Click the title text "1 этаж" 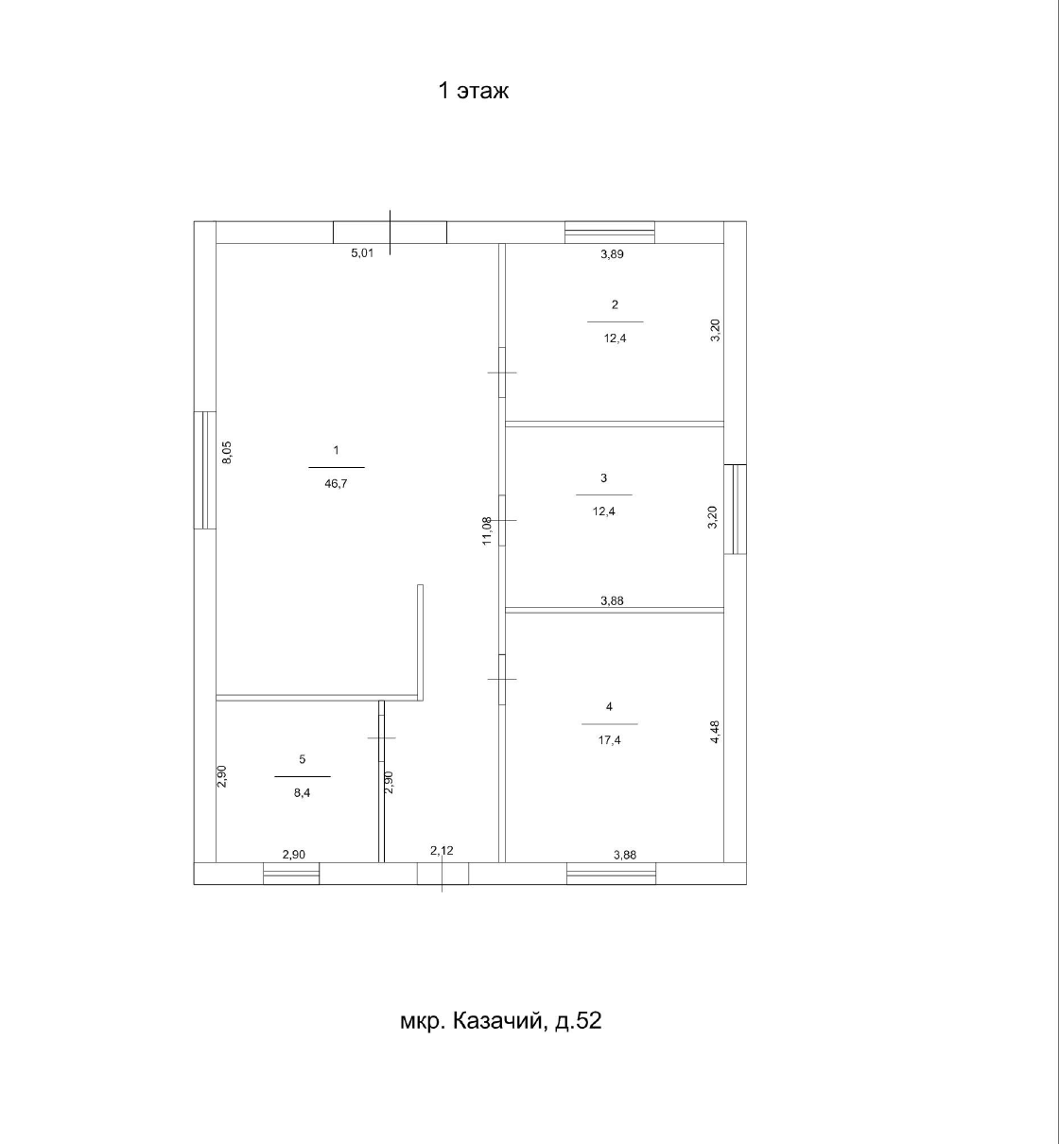coord(474,91)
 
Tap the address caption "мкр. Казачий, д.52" coord(501,1021)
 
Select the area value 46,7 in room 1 coord(336,484)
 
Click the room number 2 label coord(615,304)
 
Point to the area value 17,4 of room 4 coord(609,740)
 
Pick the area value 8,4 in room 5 coord(302,792)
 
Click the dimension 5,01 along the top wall coord(362,252)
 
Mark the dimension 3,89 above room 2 coord(612,254)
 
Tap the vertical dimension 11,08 coord(487,530)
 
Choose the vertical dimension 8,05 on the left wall coord(226,452)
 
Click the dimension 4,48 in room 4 coord(715,732)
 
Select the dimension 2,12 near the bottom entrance coord(442,850)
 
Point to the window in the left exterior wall coord(204,470)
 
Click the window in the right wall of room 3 coord(736,510)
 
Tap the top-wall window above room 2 coord(610,233)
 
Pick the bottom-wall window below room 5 coord(291,874)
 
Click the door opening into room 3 coord(502,520)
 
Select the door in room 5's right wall coord(381,737)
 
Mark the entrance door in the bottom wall coord(443,874)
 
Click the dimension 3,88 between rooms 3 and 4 coord(612,600)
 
